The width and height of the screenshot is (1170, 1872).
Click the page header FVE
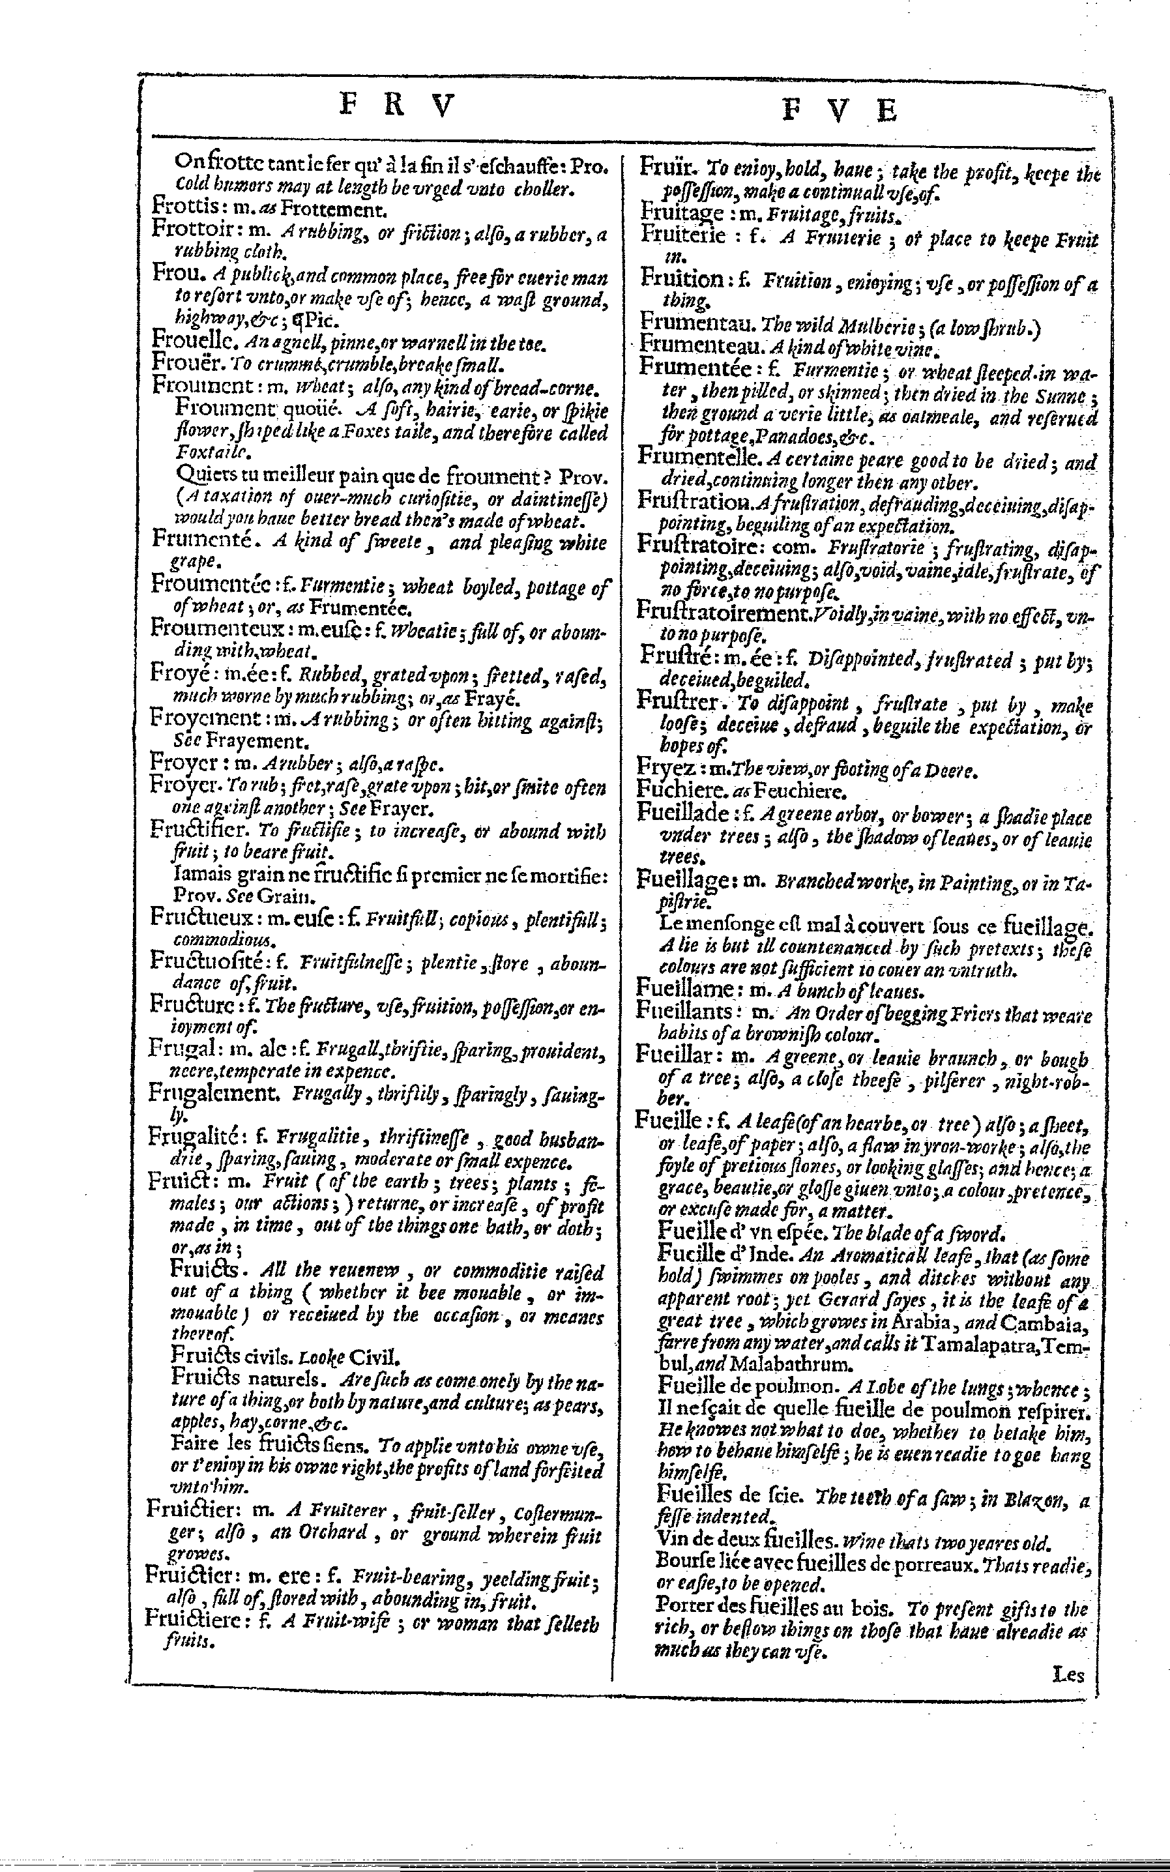tap(838, 110)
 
